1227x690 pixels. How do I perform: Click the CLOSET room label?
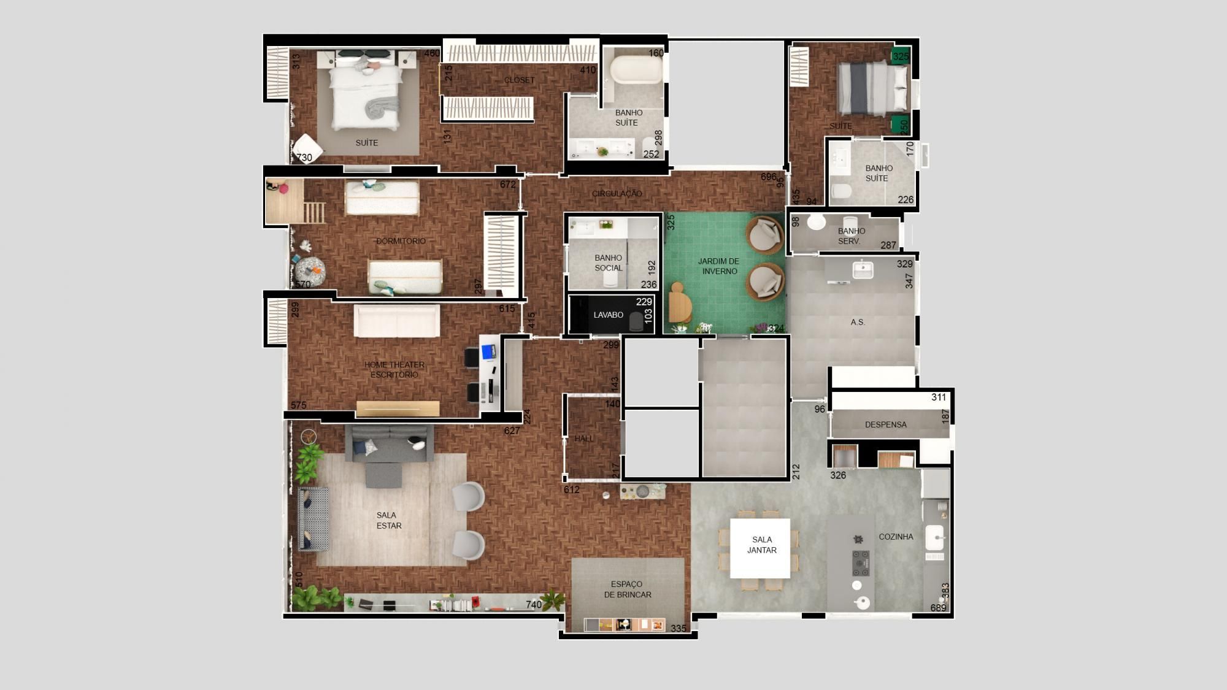[x=519, y=80]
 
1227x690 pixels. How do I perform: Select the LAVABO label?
[x=608, y=315]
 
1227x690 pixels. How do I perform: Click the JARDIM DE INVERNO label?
[x=718, y=266]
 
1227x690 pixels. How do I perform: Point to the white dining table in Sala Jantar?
[x=760, y=548]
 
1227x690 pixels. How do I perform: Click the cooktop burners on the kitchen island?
[x=861, y=563]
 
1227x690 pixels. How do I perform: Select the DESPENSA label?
[x=885, y=424]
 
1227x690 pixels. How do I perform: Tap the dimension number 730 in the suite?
[x=304, y=158]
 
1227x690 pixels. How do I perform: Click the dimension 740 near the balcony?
[x=533, y=605]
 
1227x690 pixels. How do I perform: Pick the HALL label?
[x=584, y=439]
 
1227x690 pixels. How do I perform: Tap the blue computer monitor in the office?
[x=488, y=352]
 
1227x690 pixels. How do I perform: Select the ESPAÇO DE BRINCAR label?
[x=627, y=589]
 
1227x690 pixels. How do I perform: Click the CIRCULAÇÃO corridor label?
[x=617, y=193]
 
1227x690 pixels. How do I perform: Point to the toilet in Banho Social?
[x=610, y=280]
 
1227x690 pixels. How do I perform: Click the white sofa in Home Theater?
[x=397, y=321]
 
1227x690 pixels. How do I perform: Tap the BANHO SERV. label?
[x=851, y=236]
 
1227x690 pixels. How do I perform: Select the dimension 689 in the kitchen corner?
[x=938, y=608]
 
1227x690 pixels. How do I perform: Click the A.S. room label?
[x=857, y=322]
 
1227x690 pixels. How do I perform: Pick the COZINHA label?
[x=896, y=537]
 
